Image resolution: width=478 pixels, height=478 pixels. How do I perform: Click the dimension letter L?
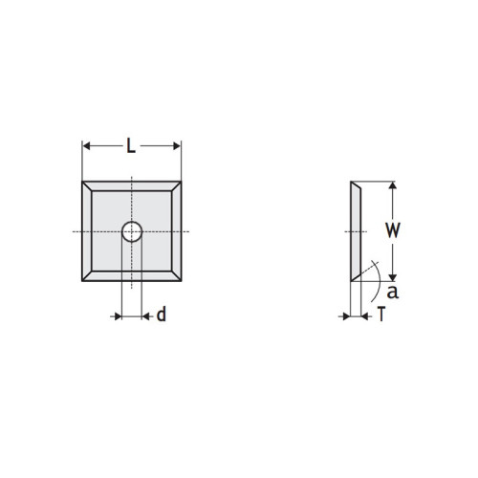tap(131, 146)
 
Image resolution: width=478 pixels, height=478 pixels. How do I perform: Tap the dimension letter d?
tap(161, 315)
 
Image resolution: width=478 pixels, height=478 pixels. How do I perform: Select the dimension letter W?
tap(392, 230)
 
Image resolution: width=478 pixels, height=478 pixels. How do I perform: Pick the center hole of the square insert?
tap(131, 231)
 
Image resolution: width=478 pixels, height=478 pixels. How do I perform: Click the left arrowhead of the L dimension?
tap(87, 146)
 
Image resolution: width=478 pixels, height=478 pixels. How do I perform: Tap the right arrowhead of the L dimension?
tap(176, 146)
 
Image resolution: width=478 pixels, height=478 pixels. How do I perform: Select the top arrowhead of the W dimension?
tap(391, 186)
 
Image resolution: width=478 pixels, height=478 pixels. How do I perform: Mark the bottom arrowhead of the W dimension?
tap(391, 274)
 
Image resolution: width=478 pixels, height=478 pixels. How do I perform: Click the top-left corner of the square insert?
tap(83, 183)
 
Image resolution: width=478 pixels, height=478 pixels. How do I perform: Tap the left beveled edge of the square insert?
tap(87, 231)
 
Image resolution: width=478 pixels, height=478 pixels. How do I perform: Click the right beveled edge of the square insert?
tap(177, 231)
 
